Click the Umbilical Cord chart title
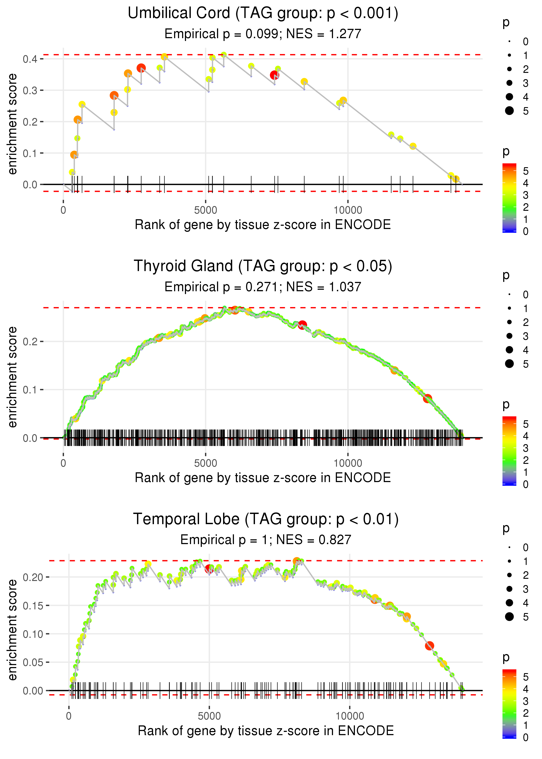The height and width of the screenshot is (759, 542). [263, 13]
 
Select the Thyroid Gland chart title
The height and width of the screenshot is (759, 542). [263, 266]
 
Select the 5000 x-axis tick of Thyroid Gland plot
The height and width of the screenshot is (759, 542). [206, 463]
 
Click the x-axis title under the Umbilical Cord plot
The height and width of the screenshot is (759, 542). [263, 225]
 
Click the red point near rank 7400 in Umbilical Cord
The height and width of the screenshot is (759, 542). [274, 75]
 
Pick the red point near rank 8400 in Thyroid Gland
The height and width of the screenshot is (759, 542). [302, 325]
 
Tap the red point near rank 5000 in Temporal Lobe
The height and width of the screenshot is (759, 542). [209, 569]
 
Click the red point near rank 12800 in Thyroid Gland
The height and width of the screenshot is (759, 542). [428, 398]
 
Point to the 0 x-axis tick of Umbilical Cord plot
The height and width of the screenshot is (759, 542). [63, 210]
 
